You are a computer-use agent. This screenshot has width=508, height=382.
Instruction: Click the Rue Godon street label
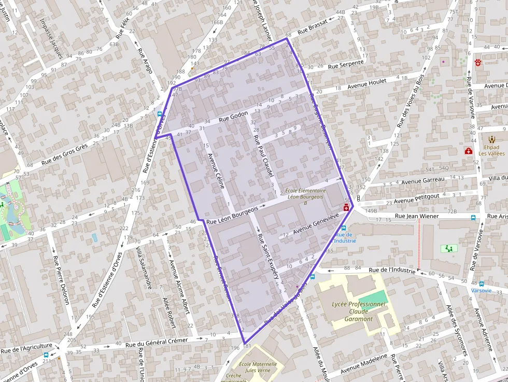[x=233, y=117]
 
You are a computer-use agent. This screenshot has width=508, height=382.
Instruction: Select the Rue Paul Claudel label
[x=263, y=157]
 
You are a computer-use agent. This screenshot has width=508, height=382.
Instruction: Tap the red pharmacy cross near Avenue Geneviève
[x=346, y=208]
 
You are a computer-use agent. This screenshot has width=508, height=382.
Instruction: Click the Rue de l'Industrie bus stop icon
[x=343, y=228]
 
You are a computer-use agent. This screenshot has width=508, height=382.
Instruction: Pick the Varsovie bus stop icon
[x=482, y=284]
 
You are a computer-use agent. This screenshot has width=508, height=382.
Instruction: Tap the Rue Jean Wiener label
[x=416, y=216]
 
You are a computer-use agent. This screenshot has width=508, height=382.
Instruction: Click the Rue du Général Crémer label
[x=163, y=342]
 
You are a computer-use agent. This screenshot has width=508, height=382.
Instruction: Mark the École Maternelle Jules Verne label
[x=258, y=367]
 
